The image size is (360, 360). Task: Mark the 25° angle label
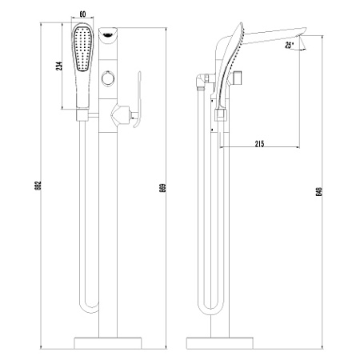pyautogui.click(x=287, y=46)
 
